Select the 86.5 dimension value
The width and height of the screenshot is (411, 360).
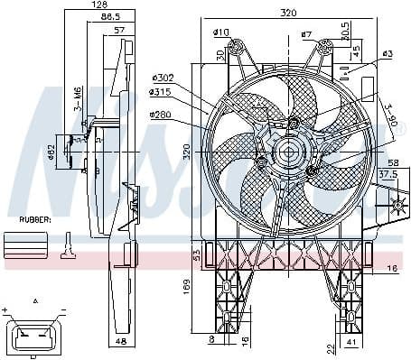(x=111, y=16)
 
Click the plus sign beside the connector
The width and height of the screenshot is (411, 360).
(x=6, y=309)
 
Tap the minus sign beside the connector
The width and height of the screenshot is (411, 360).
(x=65, y=309)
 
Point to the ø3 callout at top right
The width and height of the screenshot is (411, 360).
(x=388, y=54)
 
